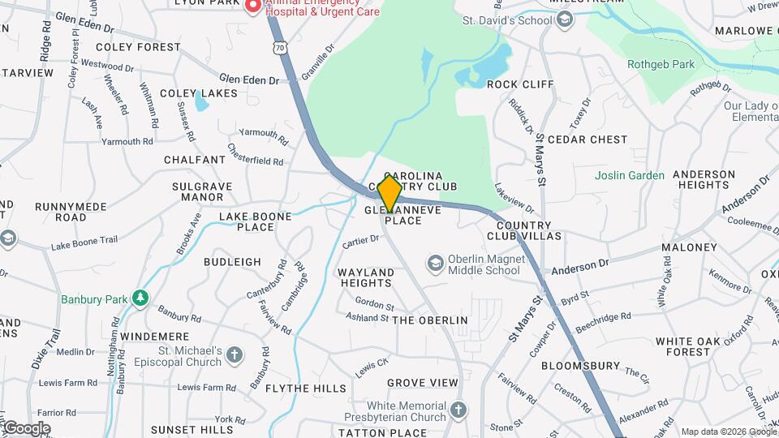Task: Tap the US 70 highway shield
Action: coord(280,49)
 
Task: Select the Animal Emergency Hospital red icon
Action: coord(253,7)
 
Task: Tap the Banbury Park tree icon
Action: coord(141,298)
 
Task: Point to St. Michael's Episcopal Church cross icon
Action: coord(235,355)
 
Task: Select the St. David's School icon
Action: coord(566,19)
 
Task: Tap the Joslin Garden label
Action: coord(629,175)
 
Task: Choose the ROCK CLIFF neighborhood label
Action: coord(520,84)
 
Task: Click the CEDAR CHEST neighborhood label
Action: coord(587,140)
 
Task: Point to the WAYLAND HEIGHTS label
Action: coord(365,277)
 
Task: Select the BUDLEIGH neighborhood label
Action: coord(232,262)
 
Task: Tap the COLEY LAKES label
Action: coord(199,93)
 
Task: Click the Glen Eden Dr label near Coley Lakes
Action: coord(249,79)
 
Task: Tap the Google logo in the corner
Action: coord(26,427)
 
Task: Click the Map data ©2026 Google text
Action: coord(728,432)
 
